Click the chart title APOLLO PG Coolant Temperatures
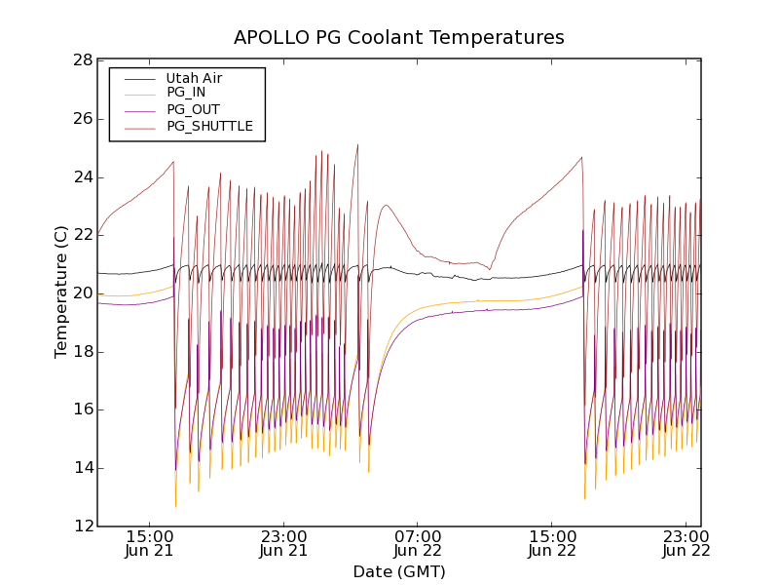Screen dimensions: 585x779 click(x=398, y=38)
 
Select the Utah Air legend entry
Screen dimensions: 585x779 click(x=194, y=77)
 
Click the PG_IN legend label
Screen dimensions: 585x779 click(x=186, y=93)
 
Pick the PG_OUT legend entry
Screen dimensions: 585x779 click(x=193, y=109)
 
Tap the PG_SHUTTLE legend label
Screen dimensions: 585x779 click(x=209, y=126)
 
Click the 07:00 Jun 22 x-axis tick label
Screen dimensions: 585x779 click(x=419, y=543)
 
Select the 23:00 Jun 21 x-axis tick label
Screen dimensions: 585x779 click(x=284, y=543)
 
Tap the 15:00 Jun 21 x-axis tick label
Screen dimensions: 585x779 click(x=150, y=543)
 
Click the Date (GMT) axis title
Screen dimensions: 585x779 click(x=398, y=571)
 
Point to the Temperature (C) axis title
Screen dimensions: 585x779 click(x=61, y=292)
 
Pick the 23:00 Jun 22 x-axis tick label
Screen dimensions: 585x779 click(x=687, y=543)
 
